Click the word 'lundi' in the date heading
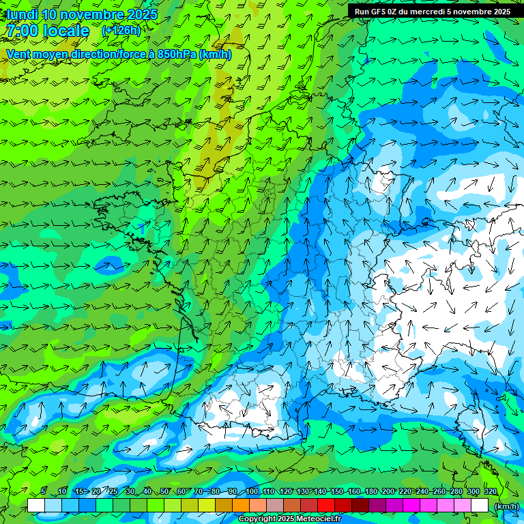[22, 14]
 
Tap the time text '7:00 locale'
[48, 31]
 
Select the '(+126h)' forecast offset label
[121, 30]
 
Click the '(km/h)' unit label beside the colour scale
[506, 506]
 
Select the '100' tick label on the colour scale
[252, 491]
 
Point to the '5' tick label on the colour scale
[43, 491]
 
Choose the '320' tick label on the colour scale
[491, 491]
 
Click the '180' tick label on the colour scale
[371, 491]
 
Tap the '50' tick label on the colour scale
[164, 491]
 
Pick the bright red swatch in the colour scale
[326, 506]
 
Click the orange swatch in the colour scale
[241, 506]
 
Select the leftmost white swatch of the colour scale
[36, 506]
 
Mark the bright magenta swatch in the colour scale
[411, 506]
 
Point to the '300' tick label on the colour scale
[474, 491]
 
